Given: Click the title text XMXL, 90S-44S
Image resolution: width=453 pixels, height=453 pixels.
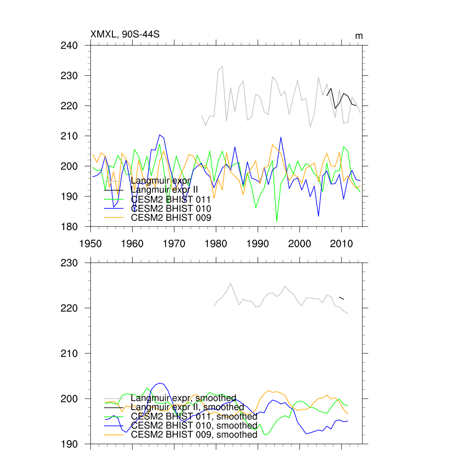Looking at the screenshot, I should [x=125, y=34].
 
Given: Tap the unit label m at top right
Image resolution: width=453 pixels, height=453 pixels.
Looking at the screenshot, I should [x=359, y=36].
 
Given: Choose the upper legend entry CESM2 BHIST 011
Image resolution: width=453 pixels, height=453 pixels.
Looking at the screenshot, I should [x=171, y=200].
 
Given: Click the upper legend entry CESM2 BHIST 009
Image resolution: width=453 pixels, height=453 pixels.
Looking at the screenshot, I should [x=171, y=217].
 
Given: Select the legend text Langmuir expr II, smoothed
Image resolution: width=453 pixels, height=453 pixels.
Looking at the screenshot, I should [x=188, y=407].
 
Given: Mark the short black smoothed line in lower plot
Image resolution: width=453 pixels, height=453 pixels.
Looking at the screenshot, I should [x=341, y=298].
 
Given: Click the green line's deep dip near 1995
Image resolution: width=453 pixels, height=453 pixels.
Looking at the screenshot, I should [x=276, y=221].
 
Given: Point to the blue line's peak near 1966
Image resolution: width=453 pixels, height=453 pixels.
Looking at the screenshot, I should [x=160, y=134].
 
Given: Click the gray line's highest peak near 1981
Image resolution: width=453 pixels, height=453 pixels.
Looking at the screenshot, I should [x=222, y=66].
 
